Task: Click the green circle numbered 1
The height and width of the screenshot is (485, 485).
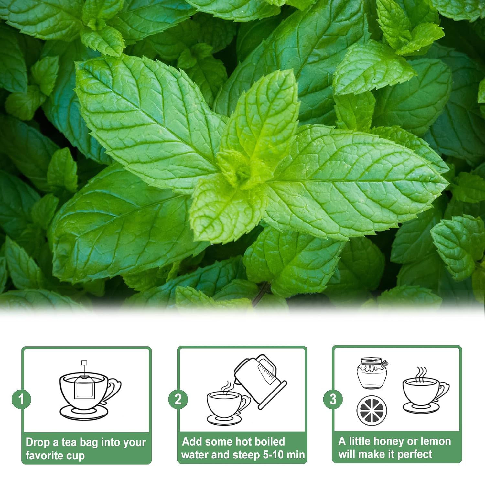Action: click(21, 399)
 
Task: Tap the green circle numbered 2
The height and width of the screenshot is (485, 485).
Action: click(178, 399)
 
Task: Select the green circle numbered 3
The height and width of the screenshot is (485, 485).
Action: click(333, 399)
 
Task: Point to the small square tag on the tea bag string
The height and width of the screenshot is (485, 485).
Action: click(84, 362)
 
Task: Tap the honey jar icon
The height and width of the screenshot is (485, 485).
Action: click(372, 373)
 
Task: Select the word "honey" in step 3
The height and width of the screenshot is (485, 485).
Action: click(388, 441)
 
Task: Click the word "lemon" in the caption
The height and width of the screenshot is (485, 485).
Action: click(436, 441)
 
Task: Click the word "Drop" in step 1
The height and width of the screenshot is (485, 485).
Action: click(38, 442)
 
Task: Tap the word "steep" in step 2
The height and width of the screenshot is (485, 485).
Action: click(246, 455)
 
